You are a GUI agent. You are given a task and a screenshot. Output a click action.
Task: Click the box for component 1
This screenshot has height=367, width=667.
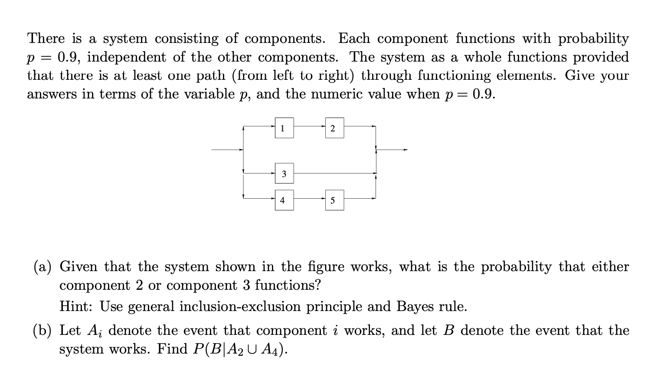tap(284, 128)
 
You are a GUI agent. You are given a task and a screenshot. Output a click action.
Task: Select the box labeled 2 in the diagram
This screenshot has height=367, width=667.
tap(334, 128)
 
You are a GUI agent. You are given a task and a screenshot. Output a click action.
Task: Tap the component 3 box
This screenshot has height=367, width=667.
tap(284, 174)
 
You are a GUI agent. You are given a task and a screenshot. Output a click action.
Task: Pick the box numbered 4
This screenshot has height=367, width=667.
tap(284, 200)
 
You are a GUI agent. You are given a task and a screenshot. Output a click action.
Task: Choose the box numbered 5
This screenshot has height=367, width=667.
tap(334, 200)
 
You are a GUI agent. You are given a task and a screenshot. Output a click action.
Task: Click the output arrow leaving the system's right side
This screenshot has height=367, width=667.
tap(392, 150)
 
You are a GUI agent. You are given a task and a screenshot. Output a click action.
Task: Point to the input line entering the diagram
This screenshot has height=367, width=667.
tap(227, 150)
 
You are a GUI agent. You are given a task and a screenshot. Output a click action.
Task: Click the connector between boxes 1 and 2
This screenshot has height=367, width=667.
tap(309, 127)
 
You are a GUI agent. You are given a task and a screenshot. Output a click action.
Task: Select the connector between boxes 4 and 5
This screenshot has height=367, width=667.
tap(309, 199)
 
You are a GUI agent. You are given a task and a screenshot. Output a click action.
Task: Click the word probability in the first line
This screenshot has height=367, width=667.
tap(593, 39)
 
